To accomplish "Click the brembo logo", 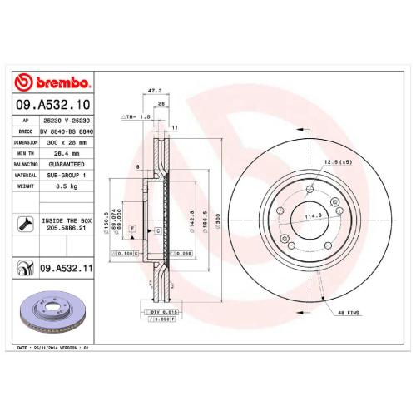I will point(55,82).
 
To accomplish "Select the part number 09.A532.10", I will point(55,105).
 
